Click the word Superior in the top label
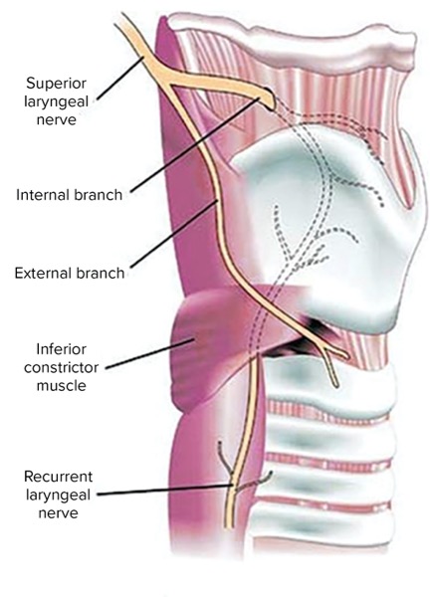tap(56, 84)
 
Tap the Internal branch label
tap(70, 195)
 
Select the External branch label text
tap(70, 274)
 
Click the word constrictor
tap(62, 368)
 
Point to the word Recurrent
tap(59, 477)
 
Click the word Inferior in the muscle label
tap(62, 349)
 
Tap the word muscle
tap(62, 386)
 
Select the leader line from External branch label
tap(174, 234)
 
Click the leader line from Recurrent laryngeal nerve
tap(165, 490)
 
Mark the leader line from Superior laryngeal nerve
tap(120, 78)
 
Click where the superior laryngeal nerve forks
tap(166, 80)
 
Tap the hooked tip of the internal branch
tap(270, 99)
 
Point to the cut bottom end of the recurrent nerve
tap(228, 525)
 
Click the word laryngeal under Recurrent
tap(59, 496)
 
